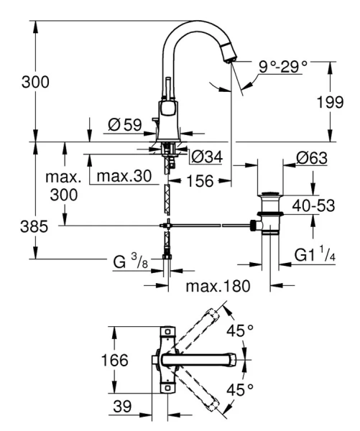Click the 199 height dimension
pos(331,103)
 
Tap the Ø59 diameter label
pos(124,125)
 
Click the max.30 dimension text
pos(126,176)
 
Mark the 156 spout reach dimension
pos(196,182)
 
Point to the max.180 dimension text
pos(218,287)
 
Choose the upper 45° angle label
pos(240,331)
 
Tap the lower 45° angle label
pos(240,390)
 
